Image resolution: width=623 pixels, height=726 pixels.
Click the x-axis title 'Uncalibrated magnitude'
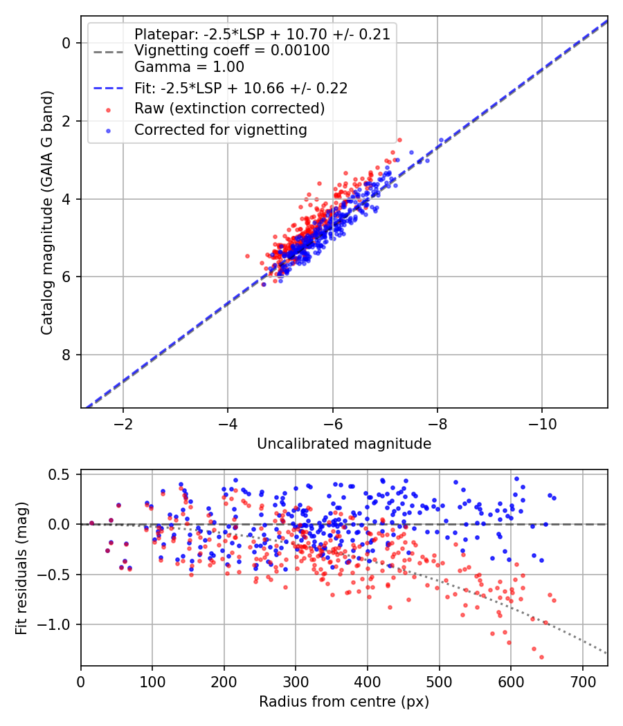coord(344,444)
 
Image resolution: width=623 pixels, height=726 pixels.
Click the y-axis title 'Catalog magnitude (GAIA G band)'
coord(47,212)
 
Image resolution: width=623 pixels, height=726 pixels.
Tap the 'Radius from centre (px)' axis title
coord(344,702)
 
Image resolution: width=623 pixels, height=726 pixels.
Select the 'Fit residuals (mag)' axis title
coord(21,568)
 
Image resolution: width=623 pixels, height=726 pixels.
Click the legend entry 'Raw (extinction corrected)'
coord(229,109)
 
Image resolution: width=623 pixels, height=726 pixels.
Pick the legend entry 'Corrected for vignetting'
coord(221,130)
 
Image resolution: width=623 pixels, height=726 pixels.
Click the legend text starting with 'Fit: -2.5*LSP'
coord(241,88)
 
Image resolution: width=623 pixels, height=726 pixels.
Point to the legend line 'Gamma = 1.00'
coord(189,67)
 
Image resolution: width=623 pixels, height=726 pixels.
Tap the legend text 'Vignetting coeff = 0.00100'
coord(232,50)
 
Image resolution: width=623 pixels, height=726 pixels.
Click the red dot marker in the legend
coord(109,110)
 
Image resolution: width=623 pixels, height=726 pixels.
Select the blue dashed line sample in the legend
coord(109,88)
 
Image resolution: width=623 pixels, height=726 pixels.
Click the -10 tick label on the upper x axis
coord(542,424)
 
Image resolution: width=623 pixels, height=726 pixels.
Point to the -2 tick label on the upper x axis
coord(123,424)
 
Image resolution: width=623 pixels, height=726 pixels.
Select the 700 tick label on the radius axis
coord(583,682)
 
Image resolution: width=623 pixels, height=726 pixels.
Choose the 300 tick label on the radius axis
coord(296,682)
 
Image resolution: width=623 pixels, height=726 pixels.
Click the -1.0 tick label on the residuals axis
coord(53,624)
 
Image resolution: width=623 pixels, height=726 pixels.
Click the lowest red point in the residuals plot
coord(541,657)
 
